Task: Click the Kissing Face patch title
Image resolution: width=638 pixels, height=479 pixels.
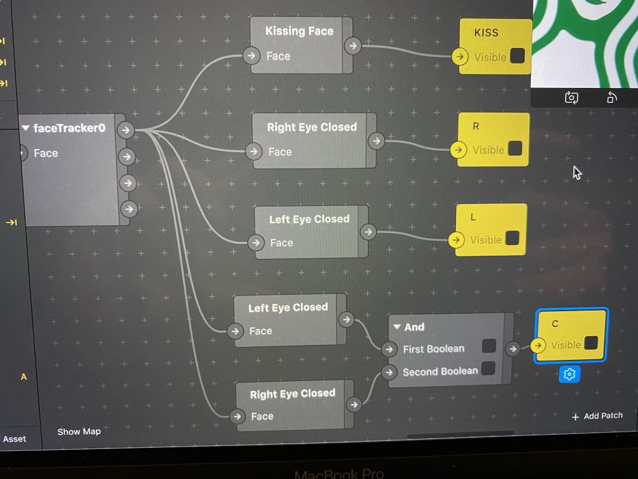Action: point(299,31)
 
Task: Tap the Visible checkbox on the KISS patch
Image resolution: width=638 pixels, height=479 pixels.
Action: point(517,56)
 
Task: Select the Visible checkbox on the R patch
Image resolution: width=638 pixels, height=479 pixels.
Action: point(515,149)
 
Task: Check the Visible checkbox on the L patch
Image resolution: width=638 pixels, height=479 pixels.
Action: point(512,239)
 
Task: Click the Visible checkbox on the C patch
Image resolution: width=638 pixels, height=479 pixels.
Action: point(591,344)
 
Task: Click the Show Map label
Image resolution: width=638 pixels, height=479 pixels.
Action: point(79,431)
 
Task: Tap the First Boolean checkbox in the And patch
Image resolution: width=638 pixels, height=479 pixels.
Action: point(489,346)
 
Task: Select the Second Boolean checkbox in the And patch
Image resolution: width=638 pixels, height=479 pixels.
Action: point(488,369)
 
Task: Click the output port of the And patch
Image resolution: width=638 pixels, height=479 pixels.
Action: point(513,349)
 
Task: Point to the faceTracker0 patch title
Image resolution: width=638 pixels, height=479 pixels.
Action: point(69,128)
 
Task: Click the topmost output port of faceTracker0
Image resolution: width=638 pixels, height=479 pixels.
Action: point(126,130)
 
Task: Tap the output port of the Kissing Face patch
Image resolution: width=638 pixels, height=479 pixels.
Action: point(353,46)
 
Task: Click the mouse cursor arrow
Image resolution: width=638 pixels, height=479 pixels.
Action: point(576,172)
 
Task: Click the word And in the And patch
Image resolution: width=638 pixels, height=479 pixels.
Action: point(414,327)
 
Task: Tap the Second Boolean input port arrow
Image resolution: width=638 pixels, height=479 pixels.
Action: point(389,372)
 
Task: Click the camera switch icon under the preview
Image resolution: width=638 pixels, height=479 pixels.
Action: point(571,97)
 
